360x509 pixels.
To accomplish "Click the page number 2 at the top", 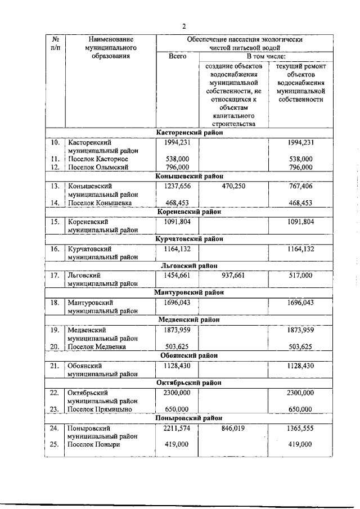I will click(x=183, y=25).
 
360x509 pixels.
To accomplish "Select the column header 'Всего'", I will click(x=177, y=57).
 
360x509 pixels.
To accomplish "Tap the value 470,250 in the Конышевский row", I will click(x=233, y=186).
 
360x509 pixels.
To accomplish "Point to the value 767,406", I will click(x=300, y=186).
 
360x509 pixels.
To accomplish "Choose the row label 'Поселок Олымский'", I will click(x=99, y=167).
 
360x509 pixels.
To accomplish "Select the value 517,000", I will click(x=300, y=275).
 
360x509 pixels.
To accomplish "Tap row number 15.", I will click(x=55, y=221).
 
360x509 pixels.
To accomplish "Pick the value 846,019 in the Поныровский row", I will click(x=233, y=427).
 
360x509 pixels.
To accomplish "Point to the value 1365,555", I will click(x=300, y=427).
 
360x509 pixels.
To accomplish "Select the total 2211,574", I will click(x=177, y=427).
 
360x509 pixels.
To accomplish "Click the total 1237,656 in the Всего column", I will click(x=177, y=186).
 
